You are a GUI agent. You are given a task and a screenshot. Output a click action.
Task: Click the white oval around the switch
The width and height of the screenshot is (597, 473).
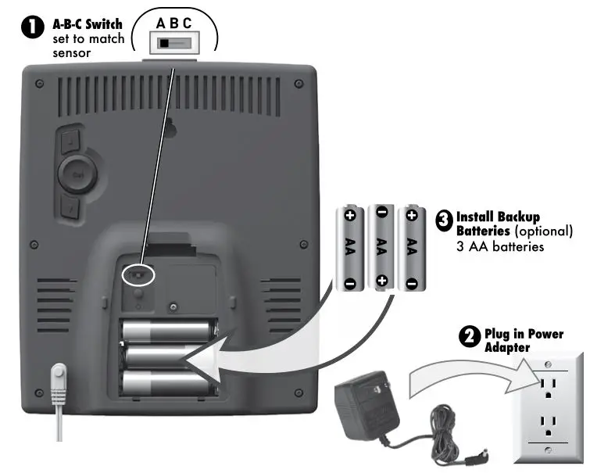pos(140,275)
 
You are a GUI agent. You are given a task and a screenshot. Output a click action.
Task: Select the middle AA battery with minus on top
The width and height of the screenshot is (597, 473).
pos(381,247)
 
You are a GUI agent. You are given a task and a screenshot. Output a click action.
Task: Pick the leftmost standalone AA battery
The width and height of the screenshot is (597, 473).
pos(350,247)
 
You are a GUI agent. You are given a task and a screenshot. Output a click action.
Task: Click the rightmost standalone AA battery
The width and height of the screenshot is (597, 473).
pos(410,247)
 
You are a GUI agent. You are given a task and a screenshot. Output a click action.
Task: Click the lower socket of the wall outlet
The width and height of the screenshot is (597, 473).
pos(549,425)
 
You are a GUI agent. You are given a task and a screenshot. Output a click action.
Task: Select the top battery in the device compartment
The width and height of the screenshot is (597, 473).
pos(168,331)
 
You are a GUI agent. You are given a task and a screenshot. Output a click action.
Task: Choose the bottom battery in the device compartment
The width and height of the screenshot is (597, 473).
pos(168,384)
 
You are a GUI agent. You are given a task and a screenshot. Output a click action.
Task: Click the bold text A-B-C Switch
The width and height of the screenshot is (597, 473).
pos(87,24)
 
